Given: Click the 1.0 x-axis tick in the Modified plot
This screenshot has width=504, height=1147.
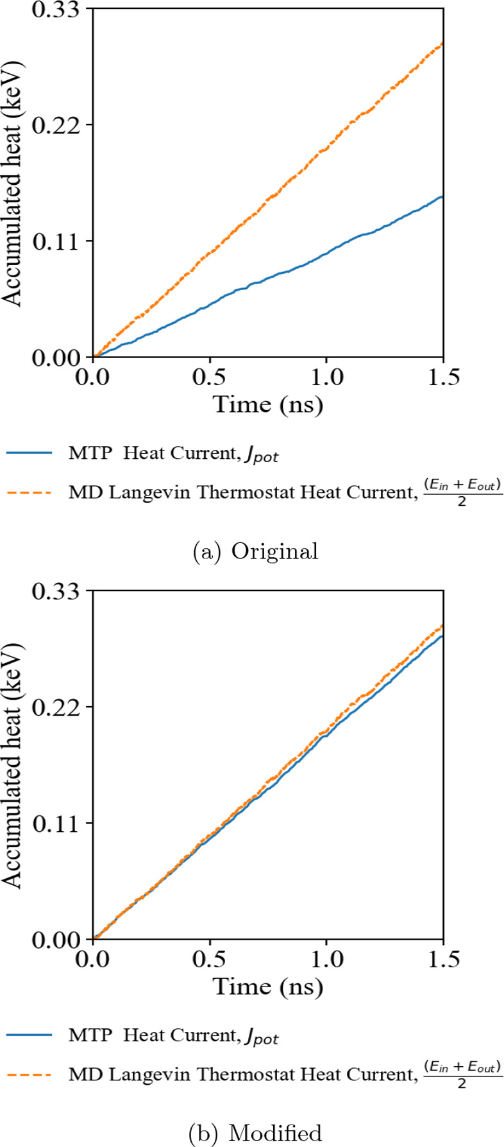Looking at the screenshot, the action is pyautogui.click(x=326, y=960).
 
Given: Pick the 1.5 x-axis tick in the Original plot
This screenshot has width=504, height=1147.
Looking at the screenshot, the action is pyautogui.click(x=442, y=377).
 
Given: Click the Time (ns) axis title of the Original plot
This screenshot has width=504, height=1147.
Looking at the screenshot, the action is pyautogui.click(x=268, y=405).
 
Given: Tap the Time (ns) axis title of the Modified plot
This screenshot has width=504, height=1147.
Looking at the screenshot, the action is pyautogui.click(x=268, y=987).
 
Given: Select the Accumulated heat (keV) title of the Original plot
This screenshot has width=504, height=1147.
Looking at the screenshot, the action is pyautogui.click(x=13, y=183).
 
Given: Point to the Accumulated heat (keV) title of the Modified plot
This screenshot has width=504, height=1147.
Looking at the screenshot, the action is pyautogui.click(x=13, y=765).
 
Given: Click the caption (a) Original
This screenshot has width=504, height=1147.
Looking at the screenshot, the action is pyautogui.click(x=256, y=551).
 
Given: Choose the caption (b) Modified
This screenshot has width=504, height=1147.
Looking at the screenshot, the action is pyautogui.click(x=256, y=1134).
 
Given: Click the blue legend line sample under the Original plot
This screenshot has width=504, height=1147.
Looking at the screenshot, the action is pyautogui.click(x=29, y=453).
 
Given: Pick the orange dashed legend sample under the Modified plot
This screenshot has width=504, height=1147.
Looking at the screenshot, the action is pyautogui.click(x=29, y=1076).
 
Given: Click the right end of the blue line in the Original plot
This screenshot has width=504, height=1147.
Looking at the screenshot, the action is pyautogui.click(x=442, y=196).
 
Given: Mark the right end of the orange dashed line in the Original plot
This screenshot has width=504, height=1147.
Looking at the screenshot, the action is pyautogui.click(x=442, y=44).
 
